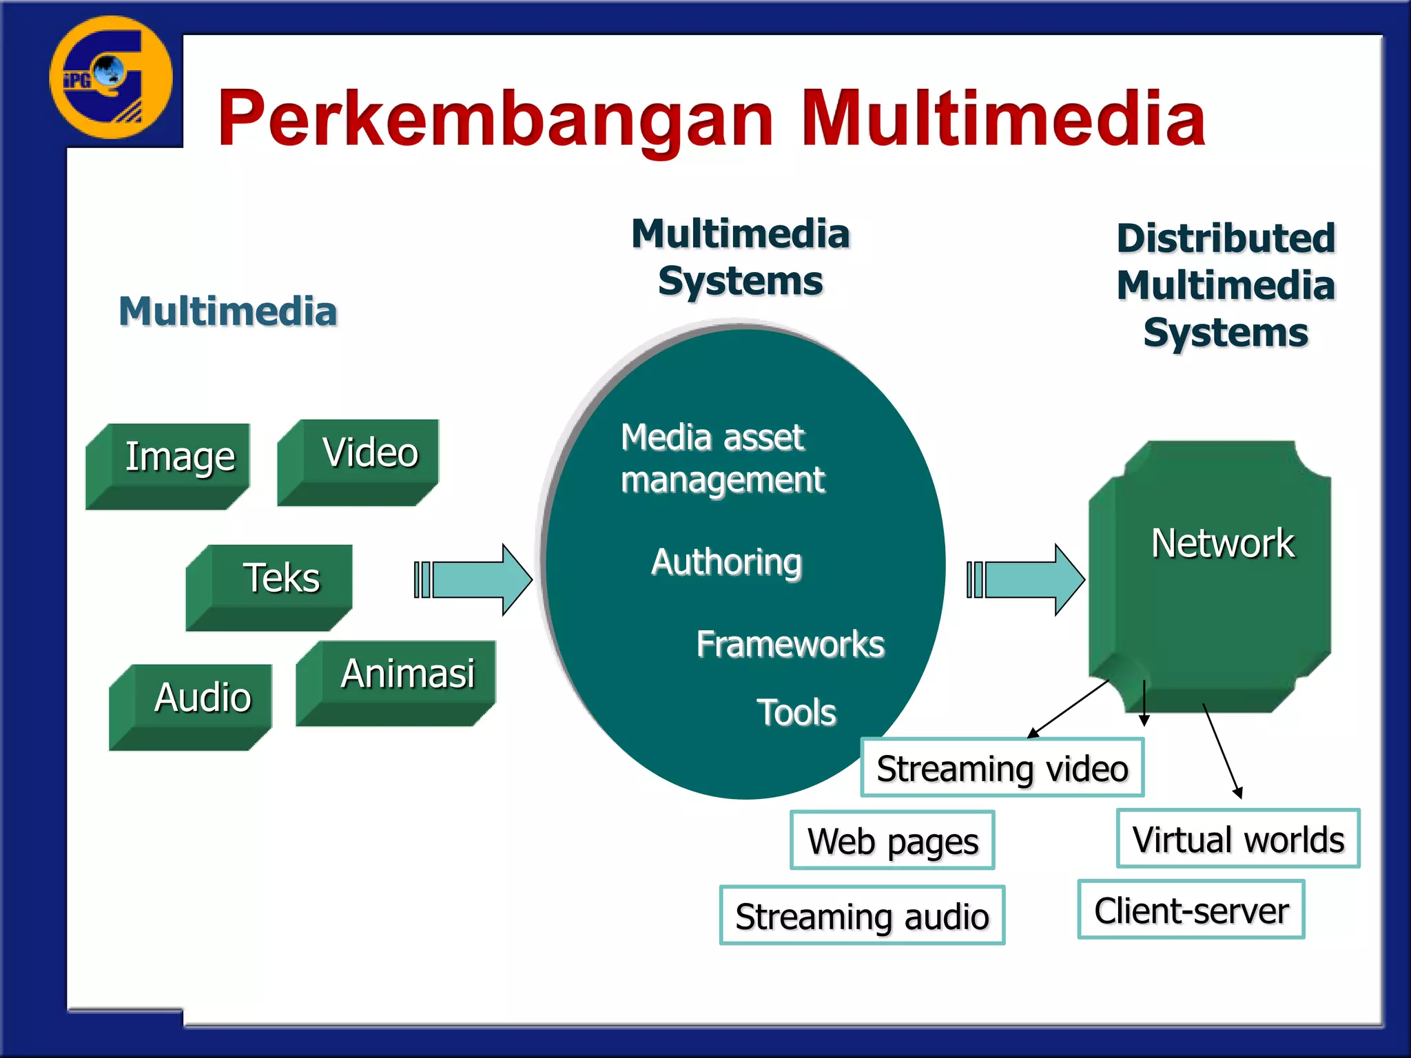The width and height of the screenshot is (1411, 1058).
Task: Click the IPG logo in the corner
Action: (110, 78)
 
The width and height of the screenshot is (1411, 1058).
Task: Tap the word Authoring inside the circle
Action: (726, 562)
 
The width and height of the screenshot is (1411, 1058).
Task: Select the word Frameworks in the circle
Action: (790, 644)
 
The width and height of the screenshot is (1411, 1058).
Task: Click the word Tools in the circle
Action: (796, 712)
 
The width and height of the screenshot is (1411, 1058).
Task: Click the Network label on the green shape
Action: (1222, 543)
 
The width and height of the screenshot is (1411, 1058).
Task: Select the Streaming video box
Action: (1002, 768)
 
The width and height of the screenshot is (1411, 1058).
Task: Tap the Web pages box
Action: (892, 841)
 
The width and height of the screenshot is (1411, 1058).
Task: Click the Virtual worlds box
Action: (1238, 839)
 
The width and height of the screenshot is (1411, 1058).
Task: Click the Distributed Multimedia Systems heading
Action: (1226, 285)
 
